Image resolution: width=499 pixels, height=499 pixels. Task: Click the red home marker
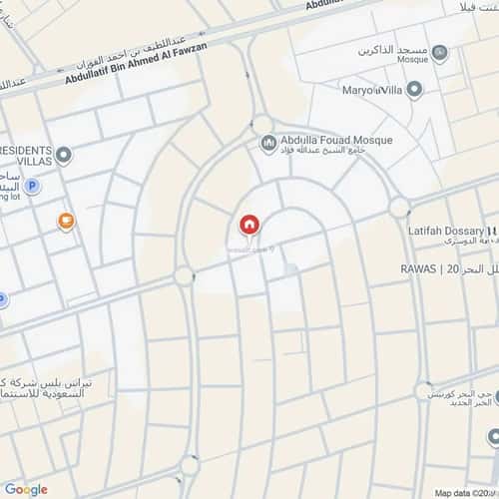tap(249, 225)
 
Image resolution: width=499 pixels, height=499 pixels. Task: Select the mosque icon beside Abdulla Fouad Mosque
tap(267, 146)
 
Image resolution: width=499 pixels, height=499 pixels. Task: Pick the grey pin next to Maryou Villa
tap(414, 91)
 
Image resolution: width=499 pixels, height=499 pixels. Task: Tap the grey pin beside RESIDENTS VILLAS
tap(65, 155)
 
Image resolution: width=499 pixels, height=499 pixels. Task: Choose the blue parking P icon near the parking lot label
tap(32, 186)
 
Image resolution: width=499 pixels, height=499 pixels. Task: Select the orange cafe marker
tap(66, 221)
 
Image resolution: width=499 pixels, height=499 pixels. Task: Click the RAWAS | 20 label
tap(429, 269)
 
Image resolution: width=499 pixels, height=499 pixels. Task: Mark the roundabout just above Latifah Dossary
tap(399, 209)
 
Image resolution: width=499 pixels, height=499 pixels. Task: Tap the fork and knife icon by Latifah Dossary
tap(488, 230)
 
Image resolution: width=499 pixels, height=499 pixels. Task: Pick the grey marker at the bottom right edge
tap(494, 436)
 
